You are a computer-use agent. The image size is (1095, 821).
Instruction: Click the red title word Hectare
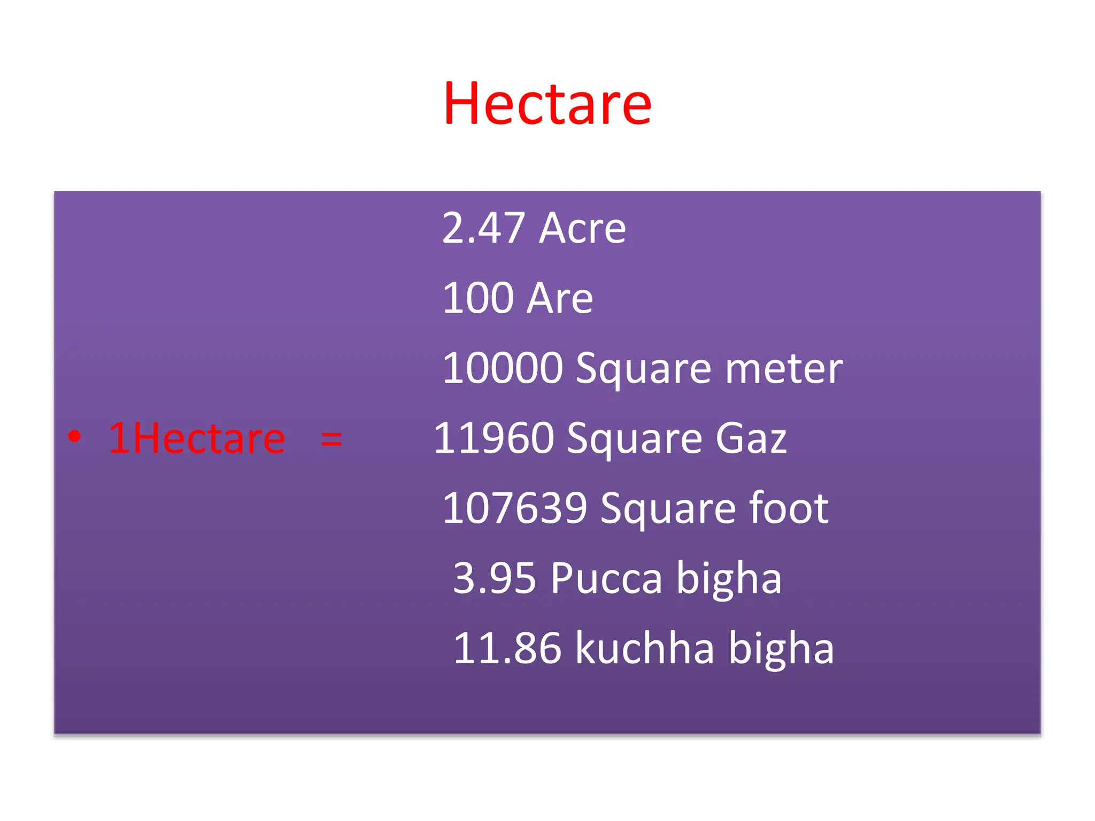pyautogui.click(x=547, y=104)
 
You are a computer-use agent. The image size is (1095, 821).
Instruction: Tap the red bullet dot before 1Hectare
pyautogui.click(x=75, y=436)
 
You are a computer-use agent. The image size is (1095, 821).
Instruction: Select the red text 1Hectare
pyautogui.click(x=197, y=438)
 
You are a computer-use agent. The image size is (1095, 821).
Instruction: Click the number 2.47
pyautogui.click(x=483, y=228)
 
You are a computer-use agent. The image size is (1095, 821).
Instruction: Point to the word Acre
pyautogui.click(x=583, y=228)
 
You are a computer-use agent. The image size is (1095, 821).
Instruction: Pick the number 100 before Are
pyautogui.click(x=478, y=298)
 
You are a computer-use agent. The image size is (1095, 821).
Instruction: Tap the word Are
pyautogui.click(x=560, y=298)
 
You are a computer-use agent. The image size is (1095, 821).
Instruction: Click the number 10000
pyautogui.click(x=503, y=368)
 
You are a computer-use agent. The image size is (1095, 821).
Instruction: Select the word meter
pyautogui.click(x=784, y=368)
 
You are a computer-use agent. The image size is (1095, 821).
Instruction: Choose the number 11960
pyautogui.click(x=493, y=438)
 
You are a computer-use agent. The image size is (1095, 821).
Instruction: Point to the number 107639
pyautogui.click(x=515, y=508)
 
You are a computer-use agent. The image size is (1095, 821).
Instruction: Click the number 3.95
pyautogui.click(x=495, y=578)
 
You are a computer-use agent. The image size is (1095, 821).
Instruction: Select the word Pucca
pyautogui.click(x=607, y=578)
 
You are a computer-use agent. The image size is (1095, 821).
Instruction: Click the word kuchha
pyautogui.click(x=645, y=648)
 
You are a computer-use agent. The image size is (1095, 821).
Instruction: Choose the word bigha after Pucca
pyautogui.click(x=729, y=578)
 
